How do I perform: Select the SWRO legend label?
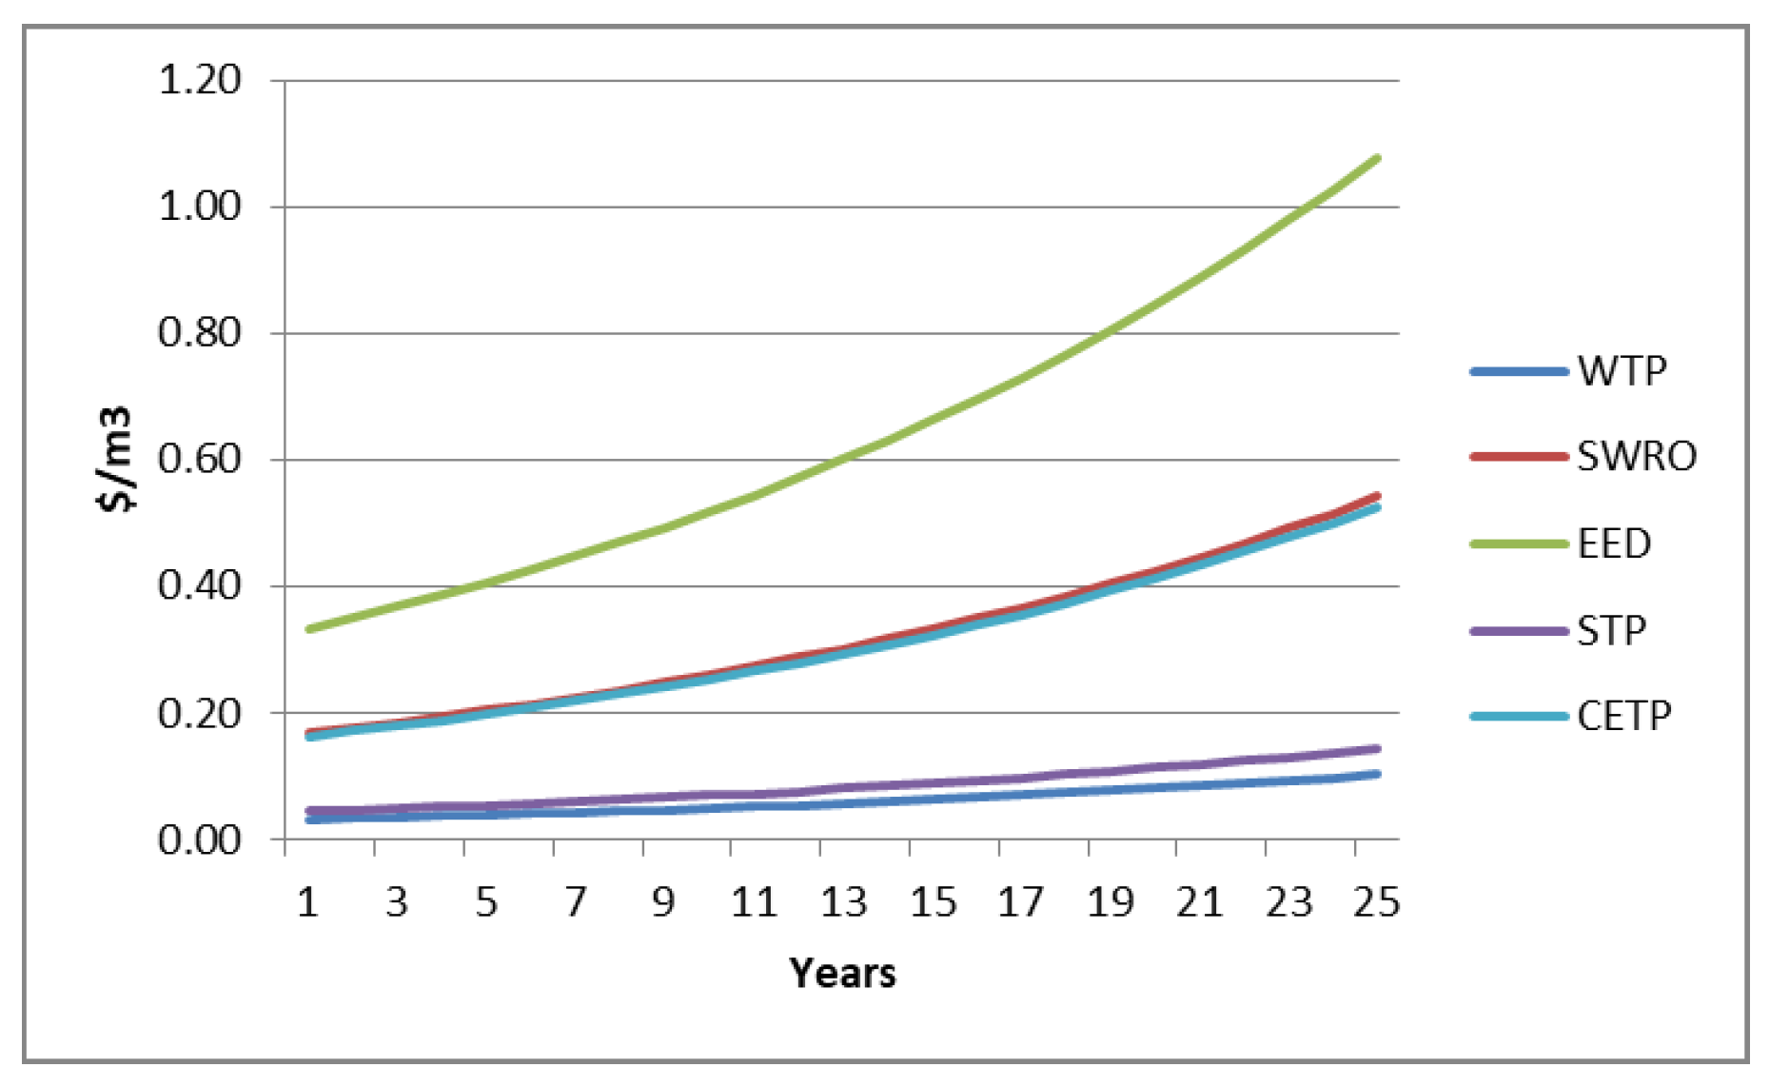point(1636,457)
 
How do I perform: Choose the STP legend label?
point(1611,630)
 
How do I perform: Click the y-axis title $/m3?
point(116,460)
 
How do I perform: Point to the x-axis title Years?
point(842,973)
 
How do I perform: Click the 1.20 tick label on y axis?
point(200,80)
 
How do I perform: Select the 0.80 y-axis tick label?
point(200,333)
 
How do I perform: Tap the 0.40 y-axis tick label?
point(200,585)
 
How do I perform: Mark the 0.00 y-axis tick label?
point(200,840)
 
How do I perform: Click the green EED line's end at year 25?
point(1377,158)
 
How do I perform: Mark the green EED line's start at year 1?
point(308,629)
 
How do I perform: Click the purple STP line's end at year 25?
point(1377,749)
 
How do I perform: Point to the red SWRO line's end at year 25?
point(1377,495)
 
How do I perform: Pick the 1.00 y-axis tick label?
point(200,207)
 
